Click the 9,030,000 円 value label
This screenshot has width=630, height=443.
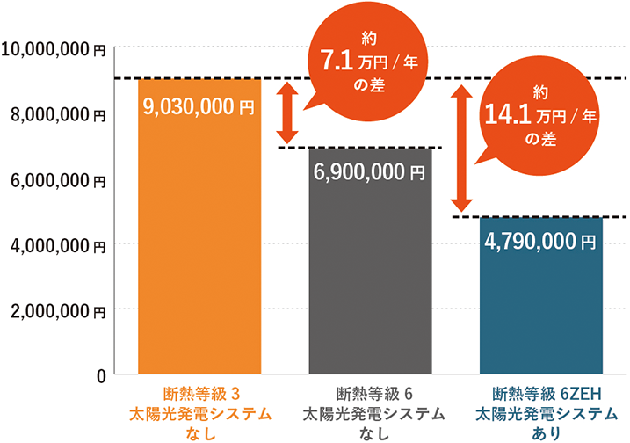199,106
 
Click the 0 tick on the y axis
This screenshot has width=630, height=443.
100,375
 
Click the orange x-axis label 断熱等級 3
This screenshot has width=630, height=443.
199,393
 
